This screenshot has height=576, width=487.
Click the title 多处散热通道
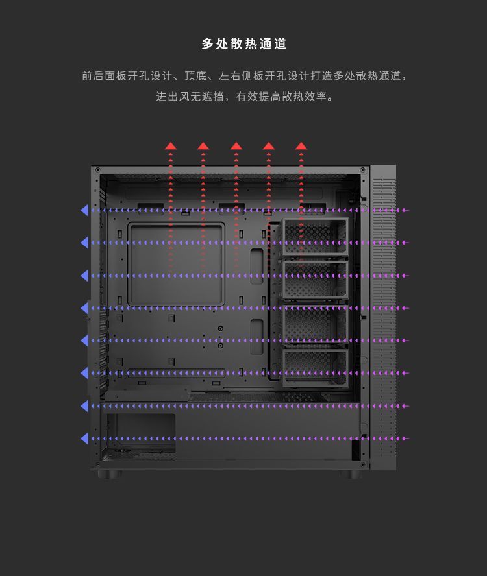[243, 44]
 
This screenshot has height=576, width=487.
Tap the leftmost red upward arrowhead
[170, 146]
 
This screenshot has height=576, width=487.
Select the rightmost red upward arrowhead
[301, 146]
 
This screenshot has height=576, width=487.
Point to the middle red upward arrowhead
[236, 146]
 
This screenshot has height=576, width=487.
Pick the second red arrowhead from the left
[203, 146]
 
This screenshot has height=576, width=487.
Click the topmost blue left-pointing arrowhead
[84, 210]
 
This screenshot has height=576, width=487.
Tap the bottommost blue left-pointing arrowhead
[84, 438]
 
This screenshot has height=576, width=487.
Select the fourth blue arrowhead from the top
[84, 308]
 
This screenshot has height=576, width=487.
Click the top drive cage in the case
[316, 237]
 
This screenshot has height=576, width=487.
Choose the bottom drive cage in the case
[316, 366]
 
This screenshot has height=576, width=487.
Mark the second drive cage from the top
[316, 280]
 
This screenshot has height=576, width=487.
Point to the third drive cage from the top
[316, 323]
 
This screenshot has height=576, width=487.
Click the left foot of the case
[110, 474]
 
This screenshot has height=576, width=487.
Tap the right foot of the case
[350, 474]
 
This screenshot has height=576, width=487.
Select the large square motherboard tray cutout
[176, 264]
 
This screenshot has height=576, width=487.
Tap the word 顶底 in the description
[195, 76]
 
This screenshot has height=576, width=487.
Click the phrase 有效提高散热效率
[282, 97]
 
